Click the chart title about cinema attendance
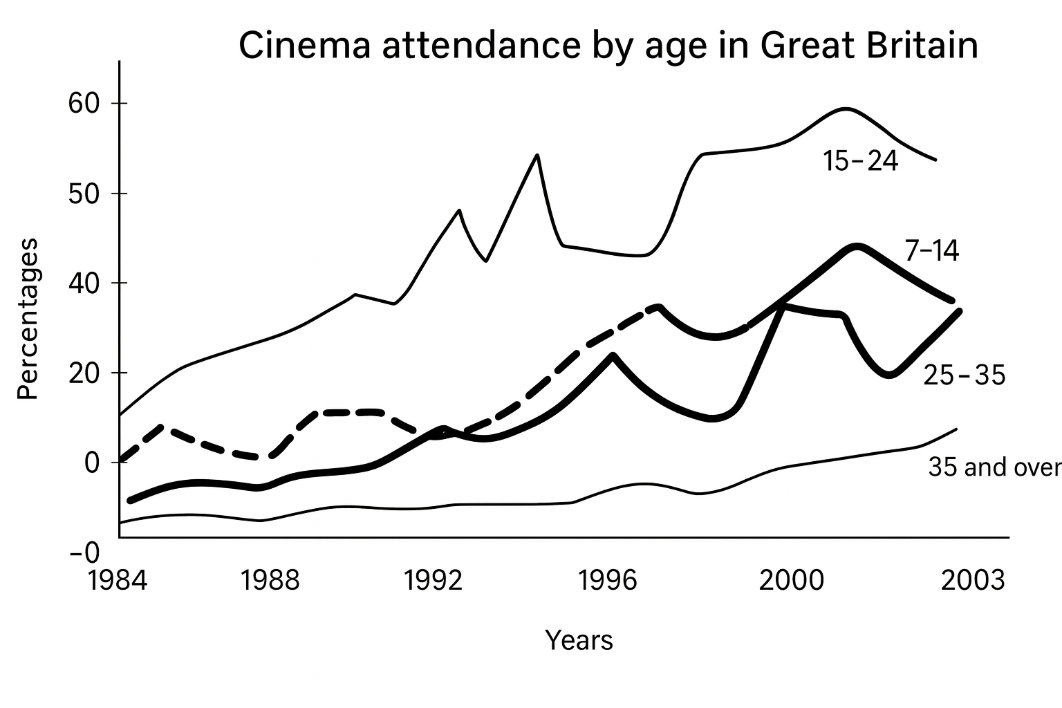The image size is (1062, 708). [x=608, y=46]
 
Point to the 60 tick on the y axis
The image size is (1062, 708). [x=84, y=104]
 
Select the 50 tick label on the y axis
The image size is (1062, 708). [x=84, y=194]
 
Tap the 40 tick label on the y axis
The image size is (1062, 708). [x=84, y=283]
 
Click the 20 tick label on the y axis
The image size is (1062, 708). [x=84, y=373]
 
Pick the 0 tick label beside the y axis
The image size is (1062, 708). [x=92, y=463]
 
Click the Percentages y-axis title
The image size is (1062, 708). [x=28, y=319]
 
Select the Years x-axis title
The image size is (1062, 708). [x=579, y=641]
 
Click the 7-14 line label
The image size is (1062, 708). [x=931, y=251]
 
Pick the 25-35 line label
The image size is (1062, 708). [x=964, y=376]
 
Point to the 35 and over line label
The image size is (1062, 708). [x=994, y=468]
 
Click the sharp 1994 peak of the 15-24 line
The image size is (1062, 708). [x=537, y=155]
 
